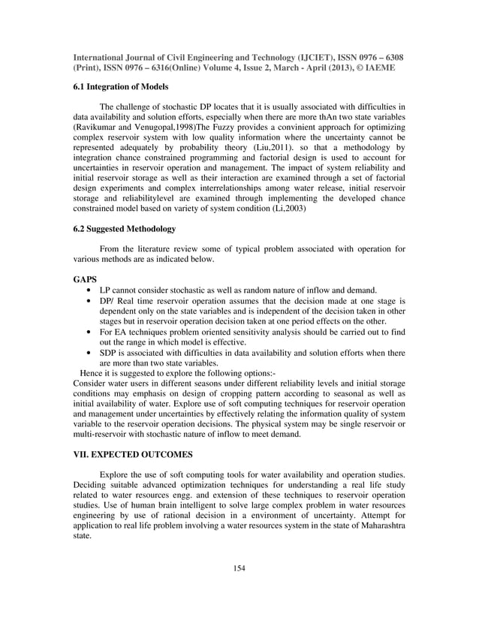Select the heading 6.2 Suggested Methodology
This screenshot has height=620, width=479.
click(124, 228)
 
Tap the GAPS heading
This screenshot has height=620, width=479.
click(85, 278)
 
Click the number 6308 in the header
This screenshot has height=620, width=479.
click(390, 56)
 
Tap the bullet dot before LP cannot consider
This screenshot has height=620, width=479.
click(91, 290)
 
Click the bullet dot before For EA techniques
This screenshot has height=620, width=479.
click(91, 331)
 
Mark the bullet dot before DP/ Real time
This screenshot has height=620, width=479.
click(91, 300)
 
